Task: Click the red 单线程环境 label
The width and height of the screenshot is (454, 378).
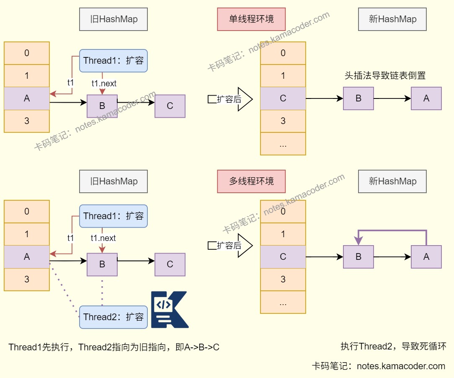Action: pos(251,19)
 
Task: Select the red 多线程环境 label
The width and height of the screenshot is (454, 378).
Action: pos(251,181)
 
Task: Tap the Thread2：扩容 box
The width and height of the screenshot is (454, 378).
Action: pos(113,317)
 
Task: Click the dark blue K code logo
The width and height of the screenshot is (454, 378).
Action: pos(169,309)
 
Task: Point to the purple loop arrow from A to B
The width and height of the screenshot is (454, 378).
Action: pos(392,230)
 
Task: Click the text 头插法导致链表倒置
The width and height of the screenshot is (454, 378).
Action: pos(385,76)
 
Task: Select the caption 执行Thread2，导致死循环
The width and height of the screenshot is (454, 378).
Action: pos(393,347)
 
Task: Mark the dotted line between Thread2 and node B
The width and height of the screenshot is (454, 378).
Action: pos(102,290)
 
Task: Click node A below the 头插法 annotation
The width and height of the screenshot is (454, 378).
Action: pos(426,98)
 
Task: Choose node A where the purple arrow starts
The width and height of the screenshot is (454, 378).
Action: pos(426,257)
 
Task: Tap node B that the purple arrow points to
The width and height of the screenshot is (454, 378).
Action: pos(358,257)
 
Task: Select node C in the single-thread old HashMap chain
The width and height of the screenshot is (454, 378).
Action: pos(170,106)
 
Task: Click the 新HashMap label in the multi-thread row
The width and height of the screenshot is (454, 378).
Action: pos(392,181)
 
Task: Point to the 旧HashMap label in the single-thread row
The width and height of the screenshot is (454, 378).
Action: pos(113,19)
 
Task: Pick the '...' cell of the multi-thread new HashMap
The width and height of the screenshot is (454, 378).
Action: pos(283,302)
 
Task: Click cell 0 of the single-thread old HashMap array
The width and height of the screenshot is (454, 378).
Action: pos(27,53)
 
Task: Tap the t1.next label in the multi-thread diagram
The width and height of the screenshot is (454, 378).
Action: pos(103,238)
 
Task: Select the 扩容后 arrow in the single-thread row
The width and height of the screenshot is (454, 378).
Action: pos(230,99)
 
